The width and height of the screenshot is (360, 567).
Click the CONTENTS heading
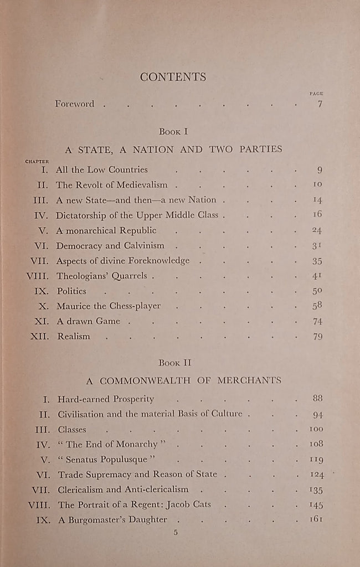173,78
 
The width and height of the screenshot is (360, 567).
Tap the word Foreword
74,104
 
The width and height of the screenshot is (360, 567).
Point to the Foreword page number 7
320,104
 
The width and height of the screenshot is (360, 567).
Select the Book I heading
173,132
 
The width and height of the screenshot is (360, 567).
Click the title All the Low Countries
102,170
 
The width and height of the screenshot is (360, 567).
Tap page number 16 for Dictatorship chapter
317,215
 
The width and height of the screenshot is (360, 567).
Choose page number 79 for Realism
317,336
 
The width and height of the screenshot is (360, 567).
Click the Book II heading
173,363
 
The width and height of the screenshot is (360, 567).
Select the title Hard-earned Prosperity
106,399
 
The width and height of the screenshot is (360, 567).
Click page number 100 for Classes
316,429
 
